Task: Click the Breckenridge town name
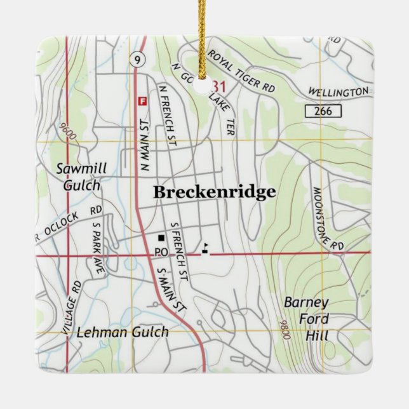point(215,192)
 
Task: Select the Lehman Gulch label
point(123,332)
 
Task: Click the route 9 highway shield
point(137,60)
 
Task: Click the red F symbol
point(142,100)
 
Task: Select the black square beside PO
point(161,238)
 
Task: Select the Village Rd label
point(74,308)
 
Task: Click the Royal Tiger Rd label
point(242,72)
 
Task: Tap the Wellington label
point(339,93)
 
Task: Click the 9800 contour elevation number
point(285,330)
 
